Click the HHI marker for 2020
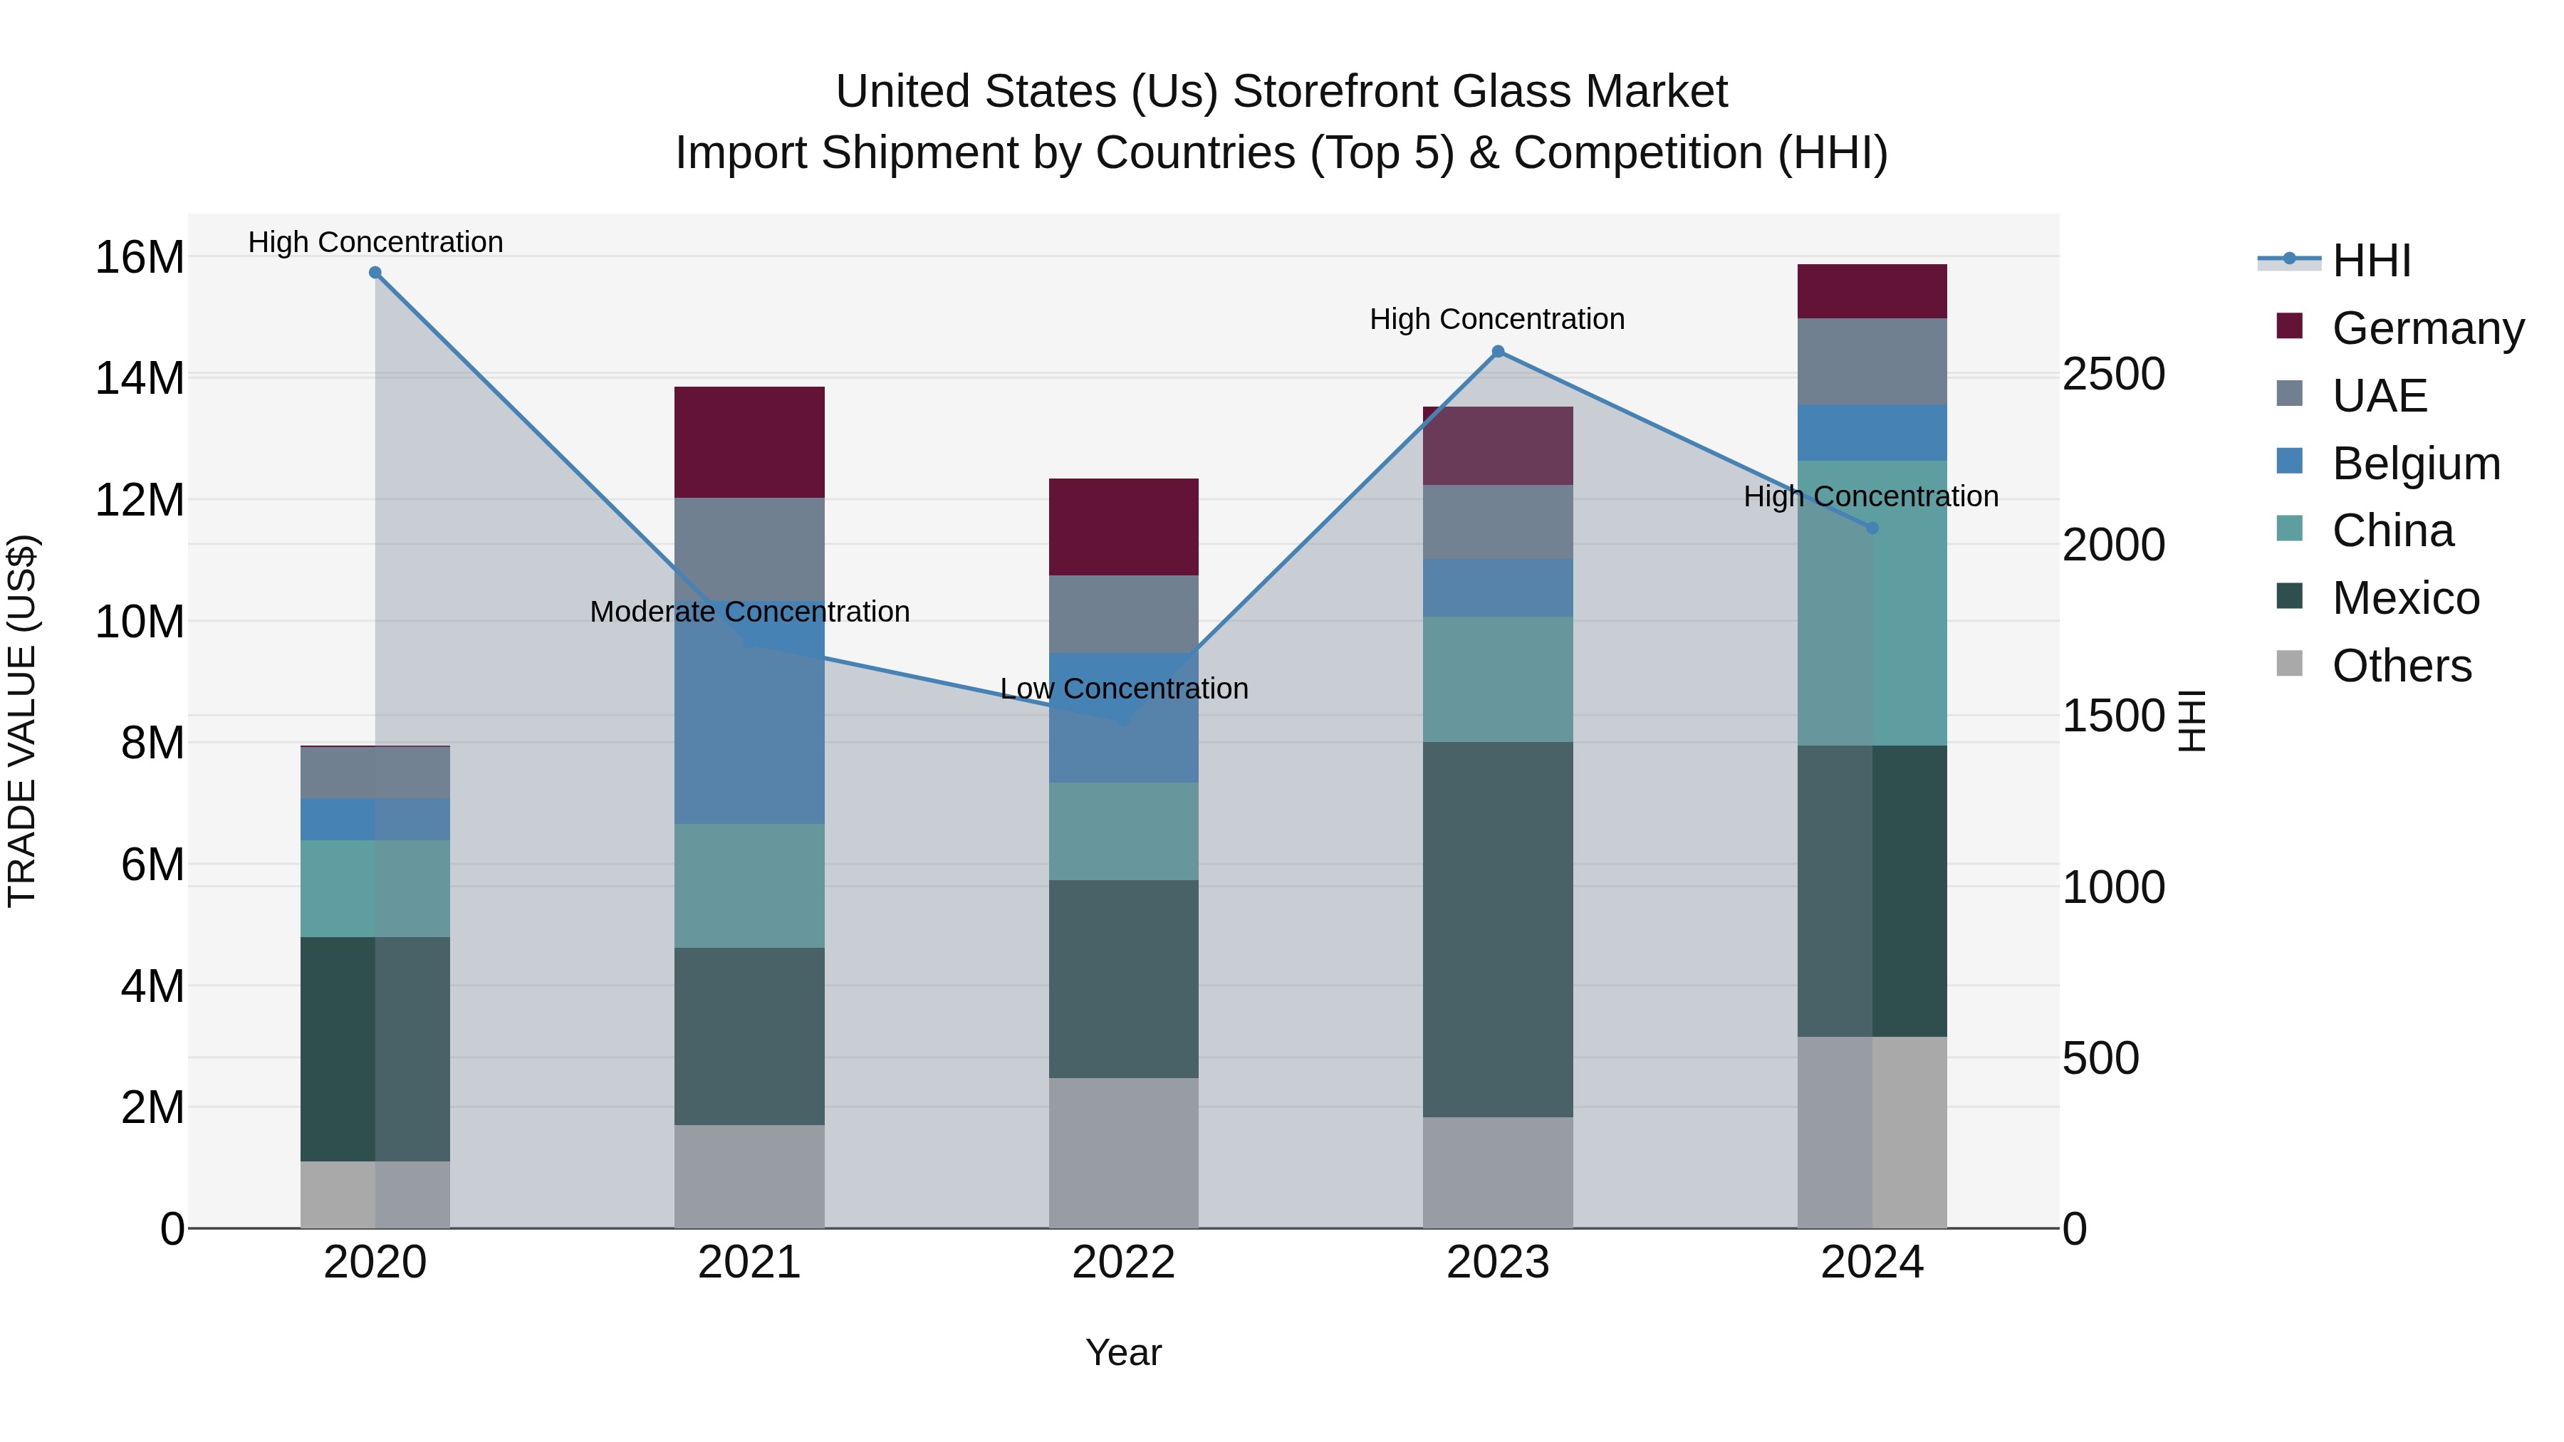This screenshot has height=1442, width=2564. (x=375, y=273)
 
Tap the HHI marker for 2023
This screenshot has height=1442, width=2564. (x=1498, y=351)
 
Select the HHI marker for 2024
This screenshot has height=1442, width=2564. (x=1872, y=528)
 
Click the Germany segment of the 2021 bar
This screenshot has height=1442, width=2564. (x=749, y=442)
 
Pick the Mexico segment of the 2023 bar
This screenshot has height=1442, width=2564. (x=1498, y=929)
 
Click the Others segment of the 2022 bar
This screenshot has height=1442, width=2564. (x=1124, y=1152)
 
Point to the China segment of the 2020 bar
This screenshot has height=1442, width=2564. (x=375, y=888)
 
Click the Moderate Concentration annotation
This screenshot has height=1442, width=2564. (x=749, y=612)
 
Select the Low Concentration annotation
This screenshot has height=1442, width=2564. (x=1124, y=689)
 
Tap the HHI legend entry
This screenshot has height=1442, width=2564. (x=2371, y=261)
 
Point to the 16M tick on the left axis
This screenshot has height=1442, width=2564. (x=140, y=258)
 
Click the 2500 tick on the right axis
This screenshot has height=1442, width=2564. (x=2113, y=375)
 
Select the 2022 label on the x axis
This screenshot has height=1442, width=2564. (x=1124, y=1263)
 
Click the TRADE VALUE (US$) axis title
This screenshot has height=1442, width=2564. (x=22, y=721)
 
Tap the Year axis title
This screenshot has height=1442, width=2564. (x=1124, y=1352)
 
